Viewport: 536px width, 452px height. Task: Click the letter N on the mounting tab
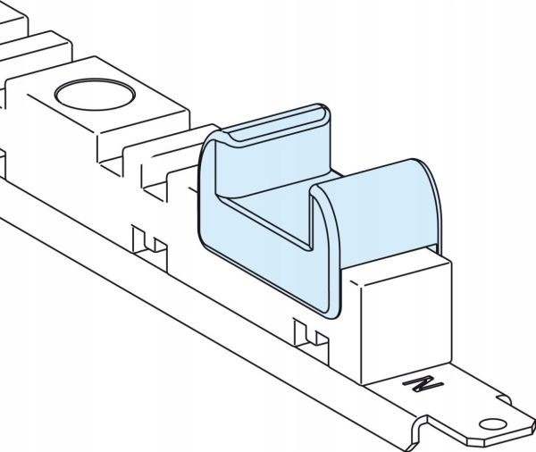pyautogui.click(x=423, y=383)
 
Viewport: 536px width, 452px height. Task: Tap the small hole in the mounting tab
pyautogui.click(x=492, y=424)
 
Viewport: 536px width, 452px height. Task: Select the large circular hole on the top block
pyautogui.click(x=95, y=95)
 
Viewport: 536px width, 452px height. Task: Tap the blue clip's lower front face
pyautogui.click(x=264, y=249)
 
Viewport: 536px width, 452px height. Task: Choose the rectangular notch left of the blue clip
pyautogui.click(x=150, y=246)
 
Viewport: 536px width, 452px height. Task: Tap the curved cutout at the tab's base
pyautogui.click(x=419, y=427)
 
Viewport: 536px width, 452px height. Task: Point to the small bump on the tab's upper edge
pyautogui.click(x=504, y=399)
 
